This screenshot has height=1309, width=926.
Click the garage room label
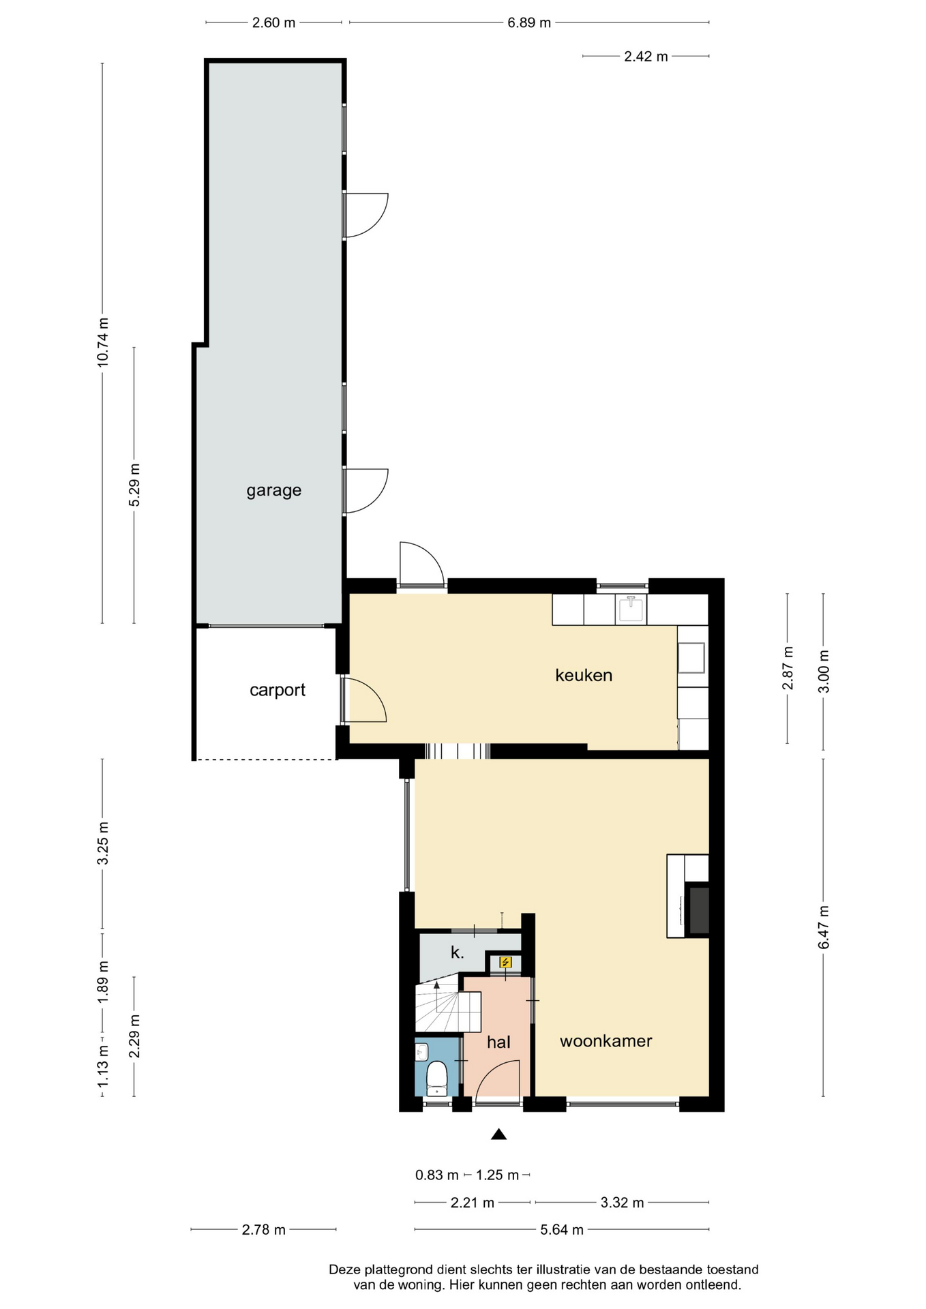coord(273,491)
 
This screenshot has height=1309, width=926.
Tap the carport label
coord(277,691)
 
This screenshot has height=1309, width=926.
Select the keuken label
coord(584,675)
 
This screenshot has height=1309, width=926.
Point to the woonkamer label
coord(606,1041)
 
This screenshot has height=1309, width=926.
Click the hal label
coord(498,1042)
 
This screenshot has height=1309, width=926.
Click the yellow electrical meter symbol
coord(505,962)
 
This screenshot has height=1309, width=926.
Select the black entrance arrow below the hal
coord(499,1134)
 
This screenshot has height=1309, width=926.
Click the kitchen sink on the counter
coord(631,609)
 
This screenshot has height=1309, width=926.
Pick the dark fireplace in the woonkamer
coord(698,909)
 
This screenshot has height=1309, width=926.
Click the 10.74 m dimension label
coord(103,342)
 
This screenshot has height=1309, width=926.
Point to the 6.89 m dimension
coord(529,22)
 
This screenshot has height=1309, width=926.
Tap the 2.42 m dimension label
coord(646,57)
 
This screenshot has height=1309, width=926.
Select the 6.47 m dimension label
coord(824,927)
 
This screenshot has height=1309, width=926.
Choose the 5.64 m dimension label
coord(562,1230)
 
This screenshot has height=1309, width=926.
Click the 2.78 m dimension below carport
coord(264,1230)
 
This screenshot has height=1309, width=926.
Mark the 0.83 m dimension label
coord(437,1175)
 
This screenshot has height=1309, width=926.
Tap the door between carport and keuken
coord(363,699)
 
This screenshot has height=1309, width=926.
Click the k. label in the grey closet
coord(457,952)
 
